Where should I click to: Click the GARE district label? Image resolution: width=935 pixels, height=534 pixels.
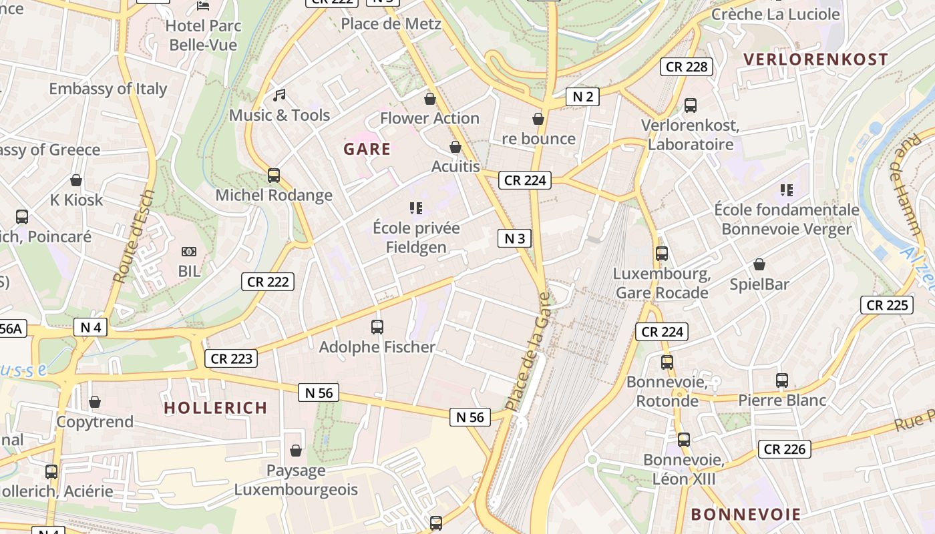(x=367, y=149)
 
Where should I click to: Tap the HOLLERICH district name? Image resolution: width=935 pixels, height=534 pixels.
(x=215, y=408)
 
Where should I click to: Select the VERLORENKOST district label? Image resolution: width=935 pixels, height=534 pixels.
(x=815, y=59)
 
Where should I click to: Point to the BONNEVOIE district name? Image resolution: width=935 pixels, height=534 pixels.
(x=745, y=515)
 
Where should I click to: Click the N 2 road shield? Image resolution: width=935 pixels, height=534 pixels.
(x=582, y=97)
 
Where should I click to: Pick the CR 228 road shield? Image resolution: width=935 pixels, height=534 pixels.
(x=687, y=67)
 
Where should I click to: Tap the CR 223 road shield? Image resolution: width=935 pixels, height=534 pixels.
(x=231, y=358)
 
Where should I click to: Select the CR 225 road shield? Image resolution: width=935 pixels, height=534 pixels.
(x=886, y=305)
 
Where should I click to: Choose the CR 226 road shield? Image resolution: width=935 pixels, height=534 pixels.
(x=785, y=449)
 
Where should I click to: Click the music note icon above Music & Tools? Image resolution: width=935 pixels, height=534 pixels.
(x=279, y=95)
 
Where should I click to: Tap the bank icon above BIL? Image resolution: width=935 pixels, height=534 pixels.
(x=189, y=252)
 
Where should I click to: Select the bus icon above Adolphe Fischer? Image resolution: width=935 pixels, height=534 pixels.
(x=377, y=327)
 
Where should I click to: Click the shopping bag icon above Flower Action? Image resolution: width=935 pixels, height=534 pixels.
(x=430, y=99)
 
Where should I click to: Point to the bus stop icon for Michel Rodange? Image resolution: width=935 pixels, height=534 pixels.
(x=274, y=176)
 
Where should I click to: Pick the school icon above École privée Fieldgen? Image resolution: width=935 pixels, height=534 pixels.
(x=416, y=208)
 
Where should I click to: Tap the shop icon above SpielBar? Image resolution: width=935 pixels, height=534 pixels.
(x=759, y=264)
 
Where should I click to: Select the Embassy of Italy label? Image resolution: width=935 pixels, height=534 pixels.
(x=108, y=89)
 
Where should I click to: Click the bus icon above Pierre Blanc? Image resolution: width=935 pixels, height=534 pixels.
(x=782, y=380)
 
